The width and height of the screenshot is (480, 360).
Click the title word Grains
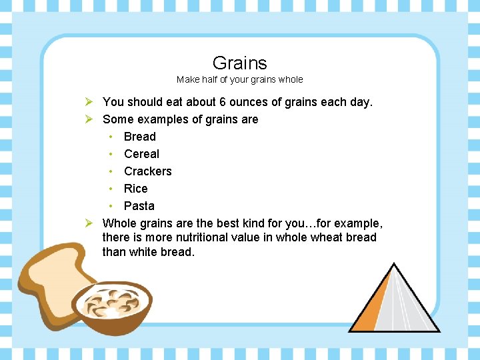pos(239,63)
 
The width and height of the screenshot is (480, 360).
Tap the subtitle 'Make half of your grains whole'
pos(239,79)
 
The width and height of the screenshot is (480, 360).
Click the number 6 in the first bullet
pos(223,102)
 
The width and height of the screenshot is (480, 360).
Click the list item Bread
pos(139,137)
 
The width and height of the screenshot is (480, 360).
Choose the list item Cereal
pos(141,154)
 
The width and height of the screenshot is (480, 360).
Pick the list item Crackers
pos(147,171)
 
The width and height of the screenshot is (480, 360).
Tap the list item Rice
pos(135,189)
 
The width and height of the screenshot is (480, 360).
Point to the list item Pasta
pos(139,206)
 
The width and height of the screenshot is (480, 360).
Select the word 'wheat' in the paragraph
pos(327,237)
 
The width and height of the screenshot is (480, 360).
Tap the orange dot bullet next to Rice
pos(111,189)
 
